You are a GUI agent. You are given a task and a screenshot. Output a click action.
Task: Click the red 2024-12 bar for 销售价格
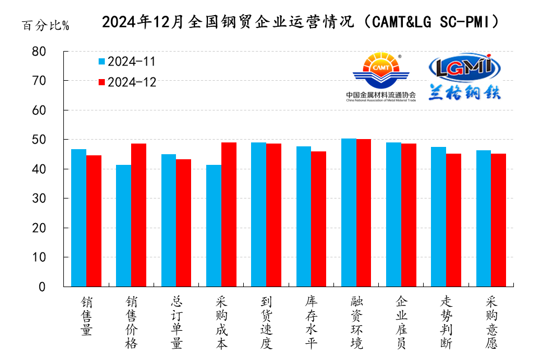(x=138, y=215)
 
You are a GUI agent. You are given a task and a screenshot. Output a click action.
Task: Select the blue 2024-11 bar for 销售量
(x=78, y=218)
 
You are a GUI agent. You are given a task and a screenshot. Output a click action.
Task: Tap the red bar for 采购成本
(x=229, y=215)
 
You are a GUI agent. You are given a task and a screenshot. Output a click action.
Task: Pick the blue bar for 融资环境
(x=349, y=213)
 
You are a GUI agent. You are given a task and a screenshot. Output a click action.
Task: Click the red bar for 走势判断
(x=453, y=220)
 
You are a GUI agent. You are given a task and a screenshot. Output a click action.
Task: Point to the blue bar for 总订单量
(x=168, y=220)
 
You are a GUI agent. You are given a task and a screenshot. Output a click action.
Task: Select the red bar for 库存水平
(x=318, y=219)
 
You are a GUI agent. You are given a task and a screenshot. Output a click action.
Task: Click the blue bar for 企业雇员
(x=393, y=215)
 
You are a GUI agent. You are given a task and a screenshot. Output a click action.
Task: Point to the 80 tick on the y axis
(x=54, y=52)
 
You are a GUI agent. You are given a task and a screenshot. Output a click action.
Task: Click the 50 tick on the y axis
(x=54, y=140)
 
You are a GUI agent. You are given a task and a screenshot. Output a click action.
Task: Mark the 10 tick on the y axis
(x=54, y=257)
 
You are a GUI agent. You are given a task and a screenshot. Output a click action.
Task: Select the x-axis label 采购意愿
(x=491, y=322)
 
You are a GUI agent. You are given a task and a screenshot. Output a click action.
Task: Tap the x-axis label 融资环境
(x=356, y=322)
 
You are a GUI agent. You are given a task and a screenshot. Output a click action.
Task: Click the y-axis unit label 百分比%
(x=45, y=26)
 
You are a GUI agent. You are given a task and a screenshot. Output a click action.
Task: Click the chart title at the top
(x=300, y=22)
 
